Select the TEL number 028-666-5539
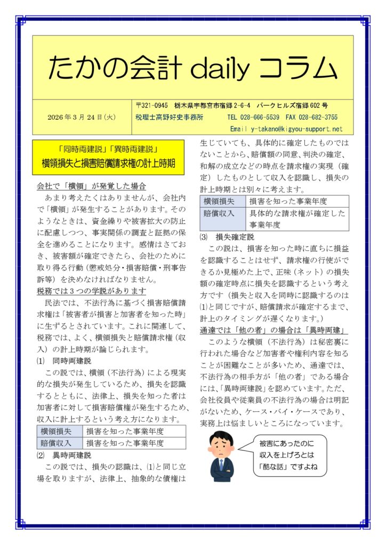click(261, 118)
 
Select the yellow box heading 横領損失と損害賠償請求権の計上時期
click(109, 163)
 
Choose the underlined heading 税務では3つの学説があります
click(91, 291)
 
